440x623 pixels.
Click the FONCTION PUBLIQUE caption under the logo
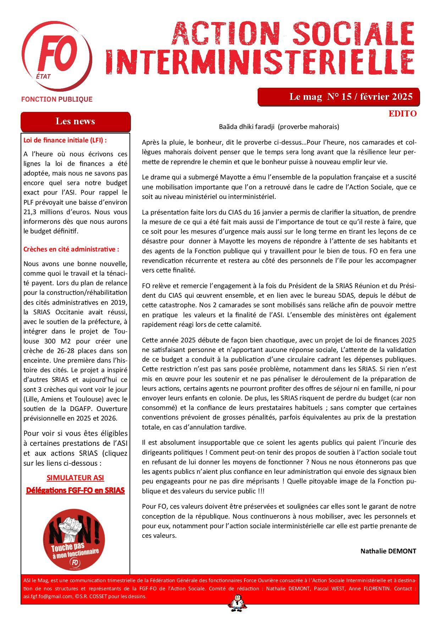click(x=57, y=99)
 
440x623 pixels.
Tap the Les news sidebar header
click(x=75, y=121)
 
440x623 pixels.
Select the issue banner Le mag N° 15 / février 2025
click(x=351, y=97)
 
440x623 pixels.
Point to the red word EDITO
click(x=402, y=114)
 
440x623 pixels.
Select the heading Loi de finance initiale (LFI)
click(x=65, y=140)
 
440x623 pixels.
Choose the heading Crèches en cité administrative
click(x=71, y=249)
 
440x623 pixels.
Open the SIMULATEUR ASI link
click(x=75, y=478)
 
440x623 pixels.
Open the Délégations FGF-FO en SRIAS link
click(x=75, y=490)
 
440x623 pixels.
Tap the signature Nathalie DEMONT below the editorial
click(x=388, y=551)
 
